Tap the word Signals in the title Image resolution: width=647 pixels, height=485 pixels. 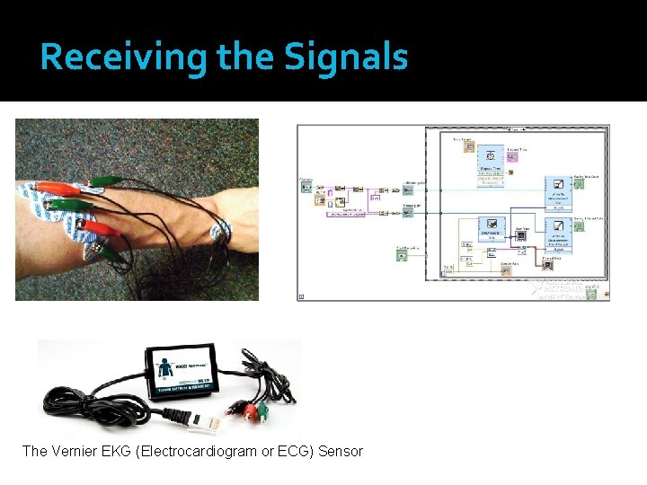tap(346, 57)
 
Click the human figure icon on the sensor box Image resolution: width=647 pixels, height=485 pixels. tap(164, 368)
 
